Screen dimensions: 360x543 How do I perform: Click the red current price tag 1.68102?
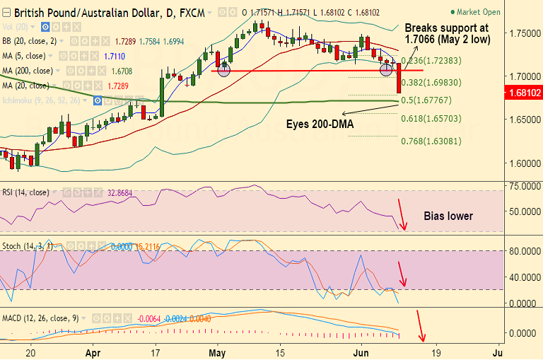(522, 92)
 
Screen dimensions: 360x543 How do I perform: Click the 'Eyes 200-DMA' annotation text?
(320, 124)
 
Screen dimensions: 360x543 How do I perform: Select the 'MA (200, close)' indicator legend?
(28, 71)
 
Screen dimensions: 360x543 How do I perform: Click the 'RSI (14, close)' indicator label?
(25, 192)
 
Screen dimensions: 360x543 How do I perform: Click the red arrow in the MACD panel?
(422, 326)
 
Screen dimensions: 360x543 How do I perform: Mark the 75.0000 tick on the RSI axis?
(522, 186)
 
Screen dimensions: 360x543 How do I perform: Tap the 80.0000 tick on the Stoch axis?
(522, 250)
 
